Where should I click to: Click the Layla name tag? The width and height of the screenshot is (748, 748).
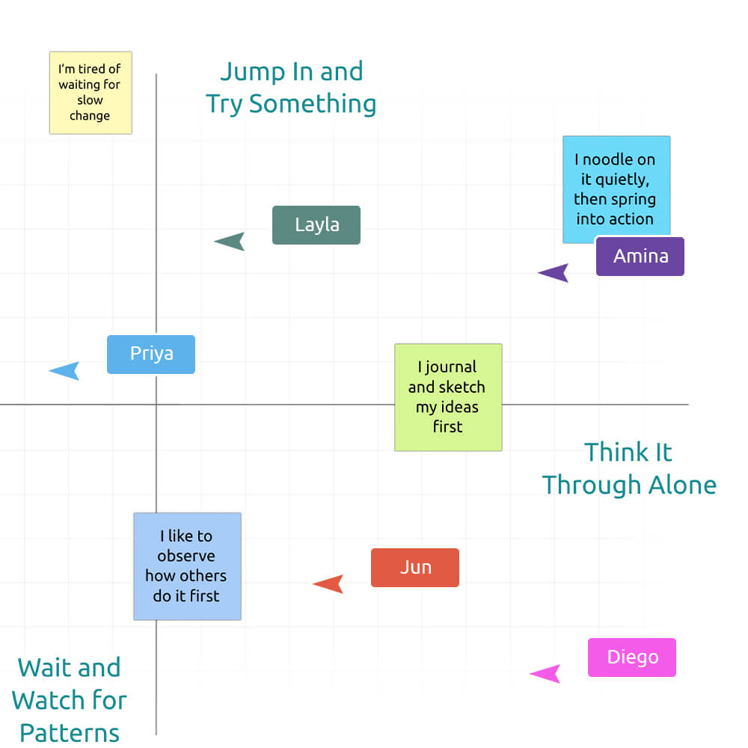pos(316,225)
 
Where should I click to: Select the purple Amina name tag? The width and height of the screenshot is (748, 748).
pos(640,257)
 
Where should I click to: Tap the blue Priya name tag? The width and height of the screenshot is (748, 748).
pos(151,355)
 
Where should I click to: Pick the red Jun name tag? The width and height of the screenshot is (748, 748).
pos(415,568)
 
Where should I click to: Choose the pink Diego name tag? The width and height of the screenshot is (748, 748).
pos(632,657)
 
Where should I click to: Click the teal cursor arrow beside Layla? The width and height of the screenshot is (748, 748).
pos(231,242)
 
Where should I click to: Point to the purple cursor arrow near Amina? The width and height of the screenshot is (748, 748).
pos(555,273)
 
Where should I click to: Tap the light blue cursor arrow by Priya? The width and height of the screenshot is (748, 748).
pos(66,370)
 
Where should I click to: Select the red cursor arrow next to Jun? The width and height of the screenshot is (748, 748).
pos(330,584)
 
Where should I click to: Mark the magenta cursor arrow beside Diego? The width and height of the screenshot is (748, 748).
pos(547,674)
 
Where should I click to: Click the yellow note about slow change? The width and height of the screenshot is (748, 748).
pos(91,93)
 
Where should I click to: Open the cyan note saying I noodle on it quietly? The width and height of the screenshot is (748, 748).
pos(616,188)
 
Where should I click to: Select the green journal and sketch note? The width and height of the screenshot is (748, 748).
pos(448,397)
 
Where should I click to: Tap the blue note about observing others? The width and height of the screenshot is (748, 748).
pos(187,566)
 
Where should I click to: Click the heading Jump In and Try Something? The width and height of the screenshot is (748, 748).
pos(291,88)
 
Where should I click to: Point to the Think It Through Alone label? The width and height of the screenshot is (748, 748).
pos(629,468)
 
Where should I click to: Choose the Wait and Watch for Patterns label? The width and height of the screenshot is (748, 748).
pos(70,699)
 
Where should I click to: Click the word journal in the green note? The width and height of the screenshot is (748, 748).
pos(451,367)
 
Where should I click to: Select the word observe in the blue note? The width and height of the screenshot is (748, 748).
pos(186,557)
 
